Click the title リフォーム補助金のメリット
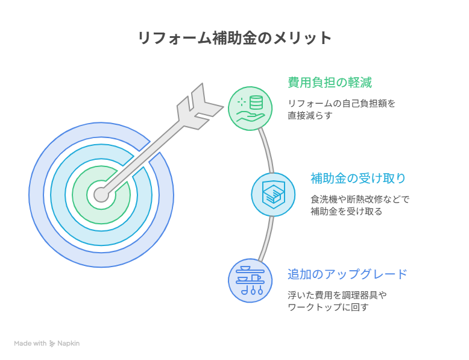pos(234,39)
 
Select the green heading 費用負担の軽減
pos(330,82)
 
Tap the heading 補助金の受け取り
pos(358,178)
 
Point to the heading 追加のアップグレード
pos(347,274)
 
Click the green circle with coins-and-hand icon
pos(250,109)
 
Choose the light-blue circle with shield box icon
pos(274,195)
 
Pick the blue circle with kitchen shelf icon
pos(250,280)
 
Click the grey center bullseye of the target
pos(101,195)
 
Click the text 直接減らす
pos(310,116)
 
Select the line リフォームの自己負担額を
pos(341,104)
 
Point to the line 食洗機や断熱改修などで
pos(360,200)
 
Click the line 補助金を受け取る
pos(347,212)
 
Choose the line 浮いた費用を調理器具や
pos(337,295)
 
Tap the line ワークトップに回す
pos(328,308)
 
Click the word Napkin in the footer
pos(69,343)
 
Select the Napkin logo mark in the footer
pos(52,344)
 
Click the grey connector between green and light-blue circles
pos(267,150)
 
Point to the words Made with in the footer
pos(30,343)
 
